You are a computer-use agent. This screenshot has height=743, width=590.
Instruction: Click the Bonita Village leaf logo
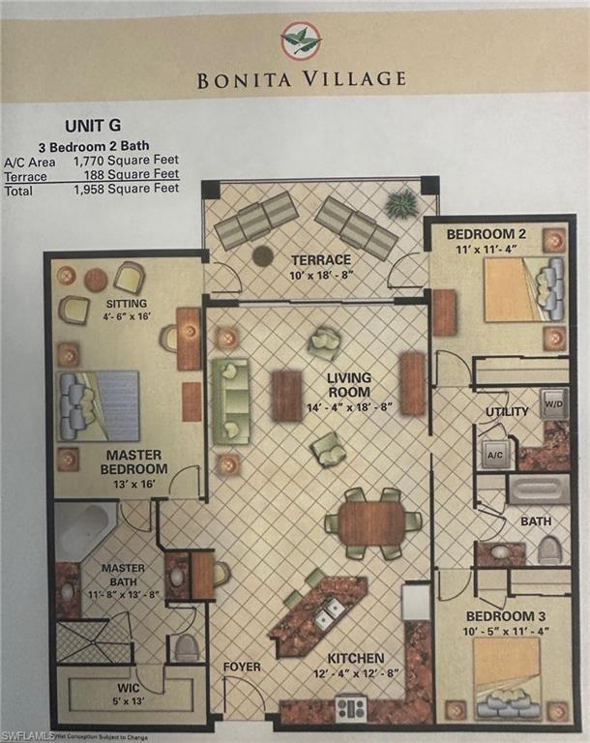301,41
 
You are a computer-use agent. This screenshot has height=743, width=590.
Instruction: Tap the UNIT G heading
93,126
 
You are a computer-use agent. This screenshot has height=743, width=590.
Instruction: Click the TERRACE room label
321,259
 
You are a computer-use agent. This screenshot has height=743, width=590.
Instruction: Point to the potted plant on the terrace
401,204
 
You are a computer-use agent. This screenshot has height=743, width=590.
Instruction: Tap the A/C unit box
493,453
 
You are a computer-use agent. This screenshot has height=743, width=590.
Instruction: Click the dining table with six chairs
373,522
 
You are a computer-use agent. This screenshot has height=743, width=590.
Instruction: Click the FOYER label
242,667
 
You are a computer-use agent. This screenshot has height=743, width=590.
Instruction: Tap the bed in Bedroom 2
520,286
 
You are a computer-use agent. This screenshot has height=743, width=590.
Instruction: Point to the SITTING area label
125,303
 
